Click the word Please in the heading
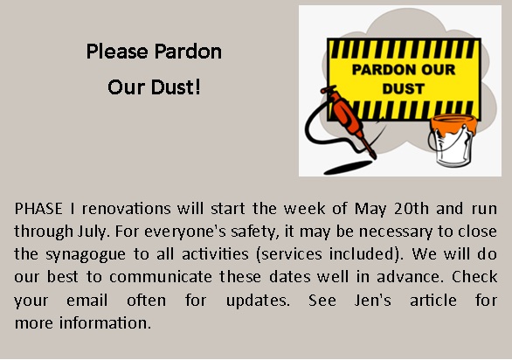(x=117, y=52)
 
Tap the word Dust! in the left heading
(x=176, y=87)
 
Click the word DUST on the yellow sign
(x=404, y=89)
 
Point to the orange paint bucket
(x=453, y=140)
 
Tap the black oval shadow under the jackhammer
(x=348, y=167)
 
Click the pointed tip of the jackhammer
(x=375, y=158)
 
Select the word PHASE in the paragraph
(x=38, y=209)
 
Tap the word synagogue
(x=86, y=255)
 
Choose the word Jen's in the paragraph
(x=372, y=301)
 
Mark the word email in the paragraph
(x=86, y=301)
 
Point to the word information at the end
(x=105, y=322)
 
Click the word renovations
(x=126, y=209)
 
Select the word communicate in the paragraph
(x=160, y=277)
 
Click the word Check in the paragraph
(x=474, y=277)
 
